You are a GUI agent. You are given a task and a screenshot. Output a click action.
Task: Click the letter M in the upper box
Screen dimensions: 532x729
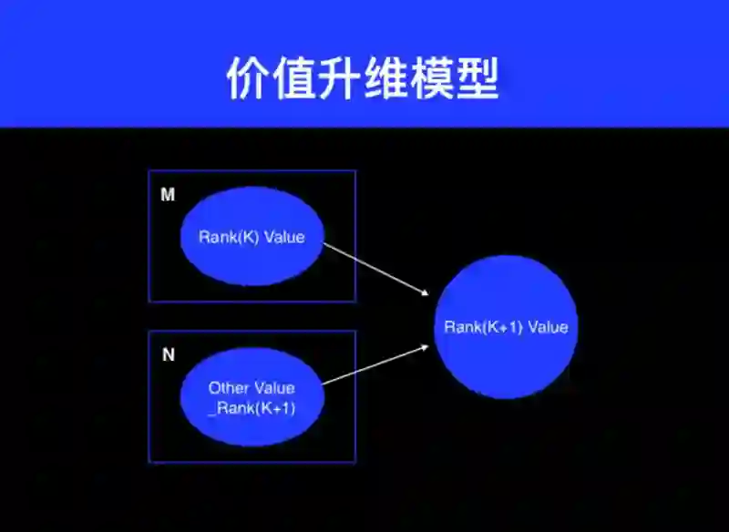click(168, 195)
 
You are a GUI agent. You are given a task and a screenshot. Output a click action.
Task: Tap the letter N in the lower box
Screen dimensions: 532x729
click(168, 355)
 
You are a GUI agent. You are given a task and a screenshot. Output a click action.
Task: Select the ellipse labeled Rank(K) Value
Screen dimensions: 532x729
click(252, 237)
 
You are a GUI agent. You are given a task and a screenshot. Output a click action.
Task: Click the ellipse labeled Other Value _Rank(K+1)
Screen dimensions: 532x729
click(252, 397)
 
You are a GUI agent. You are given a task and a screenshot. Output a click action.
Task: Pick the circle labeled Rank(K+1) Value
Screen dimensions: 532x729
click(506, 327)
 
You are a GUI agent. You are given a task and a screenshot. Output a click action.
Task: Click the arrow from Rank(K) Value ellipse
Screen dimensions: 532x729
click(375, 266)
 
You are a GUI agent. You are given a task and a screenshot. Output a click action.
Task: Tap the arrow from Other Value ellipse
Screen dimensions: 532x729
click(375, 365)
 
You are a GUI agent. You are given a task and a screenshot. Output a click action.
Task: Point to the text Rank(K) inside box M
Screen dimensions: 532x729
click(229, 237)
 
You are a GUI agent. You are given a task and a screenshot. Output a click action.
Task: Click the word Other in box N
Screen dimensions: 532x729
click(226, 388)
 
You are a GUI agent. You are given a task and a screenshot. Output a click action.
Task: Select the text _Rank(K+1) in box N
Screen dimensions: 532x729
click(252, 408)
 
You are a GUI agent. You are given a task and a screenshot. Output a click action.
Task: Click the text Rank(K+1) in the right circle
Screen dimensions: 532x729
click(483, 327)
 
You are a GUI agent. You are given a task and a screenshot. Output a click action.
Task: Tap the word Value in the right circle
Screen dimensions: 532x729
click(547, 327)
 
